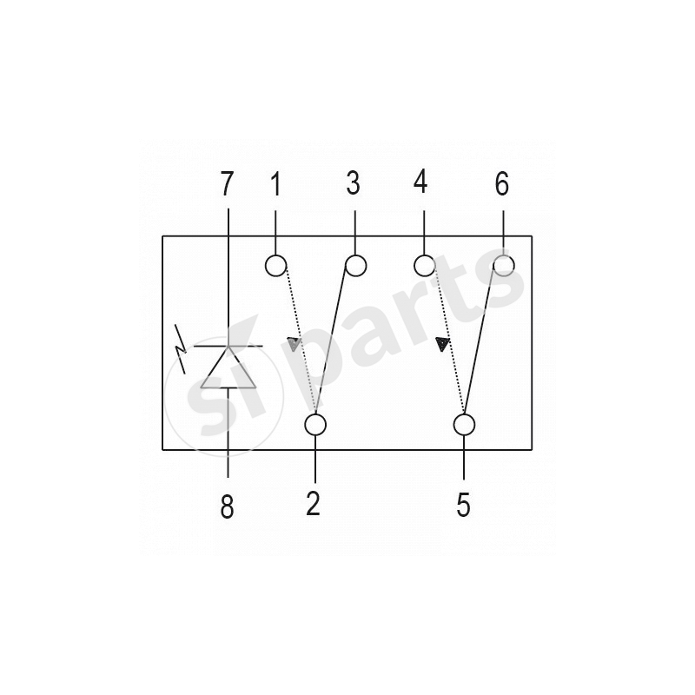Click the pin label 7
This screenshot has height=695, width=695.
(x=228, y=184)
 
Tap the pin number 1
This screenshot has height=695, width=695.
(x=275, y=184)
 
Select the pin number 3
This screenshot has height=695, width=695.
(x=354, y=184)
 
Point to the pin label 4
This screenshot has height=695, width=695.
(x=421, y=184)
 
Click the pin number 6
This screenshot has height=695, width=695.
(x=502, y=184)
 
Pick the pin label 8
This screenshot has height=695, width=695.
(x=228, y=507)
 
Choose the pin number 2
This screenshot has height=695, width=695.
(x=314, y=504)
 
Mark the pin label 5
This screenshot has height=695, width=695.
(x=465, y=504)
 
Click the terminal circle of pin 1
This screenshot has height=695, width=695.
(x=276, y=265)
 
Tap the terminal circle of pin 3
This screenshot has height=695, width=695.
(x=354, y=265)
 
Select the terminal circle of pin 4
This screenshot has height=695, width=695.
(x=424, y=264)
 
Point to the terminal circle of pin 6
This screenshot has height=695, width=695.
(x=503, y=264)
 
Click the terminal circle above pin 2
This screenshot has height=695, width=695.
(x=315, y=425)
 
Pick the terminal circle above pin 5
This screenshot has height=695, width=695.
(x=465, y=425)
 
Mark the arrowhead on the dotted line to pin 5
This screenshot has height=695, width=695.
(x=443, y=345)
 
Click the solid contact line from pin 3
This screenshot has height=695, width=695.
(x=336, y=343)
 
